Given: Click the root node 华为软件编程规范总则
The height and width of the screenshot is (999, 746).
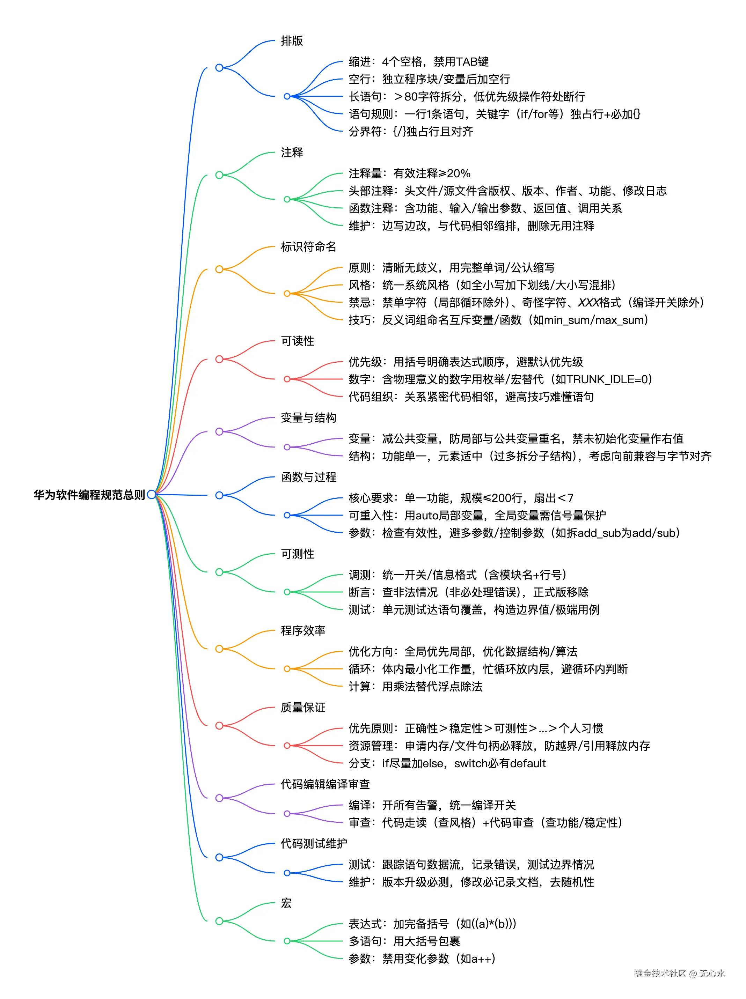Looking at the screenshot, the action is (89, 495).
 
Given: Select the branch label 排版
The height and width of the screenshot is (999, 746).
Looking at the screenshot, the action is (292, 40).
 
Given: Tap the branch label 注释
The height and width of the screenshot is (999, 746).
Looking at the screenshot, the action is (292, 153).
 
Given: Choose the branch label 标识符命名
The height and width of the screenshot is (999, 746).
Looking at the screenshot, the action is (308, 247).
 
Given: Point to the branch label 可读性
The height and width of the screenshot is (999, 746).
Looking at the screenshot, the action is (297, 341).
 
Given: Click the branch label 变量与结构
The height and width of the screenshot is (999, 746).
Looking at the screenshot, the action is (308, 418).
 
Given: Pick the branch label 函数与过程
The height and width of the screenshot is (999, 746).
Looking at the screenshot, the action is (308, 477).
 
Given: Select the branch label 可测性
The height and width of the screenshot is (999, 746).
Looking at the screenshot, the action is (297, 554).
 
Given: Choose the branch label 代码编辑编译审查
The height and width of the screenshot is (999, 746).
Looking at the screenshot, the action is (325, 784).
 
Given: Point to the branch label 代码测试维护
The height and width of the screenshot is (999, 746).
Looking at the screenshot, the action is (314, 843).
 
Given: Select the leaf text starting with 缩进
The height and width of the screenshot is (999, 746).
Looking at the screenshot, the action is (418, 61).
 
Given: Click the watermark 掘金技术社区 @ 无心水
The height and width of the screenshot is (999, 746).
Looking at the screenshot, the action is (679, 973).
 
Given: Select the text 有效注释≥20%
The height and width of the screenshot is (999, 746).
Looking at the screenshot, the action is (432, 173).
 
